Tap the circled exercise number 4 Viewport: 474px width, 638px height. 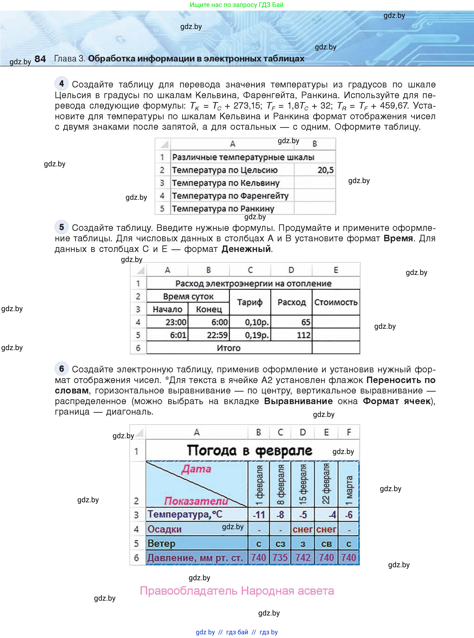tap(61, 84)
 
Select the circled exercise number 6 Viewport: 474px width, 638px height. tap(61, 369)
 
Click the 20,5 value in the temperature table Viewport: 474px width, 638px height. tap(325, 170)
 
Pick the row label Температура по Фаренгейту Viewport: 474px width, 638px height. tap(230, 196)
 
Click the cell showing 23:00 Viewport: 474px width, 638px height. tap(176, 322)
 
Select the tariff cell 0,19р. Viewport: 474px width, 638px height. tap(257, 335)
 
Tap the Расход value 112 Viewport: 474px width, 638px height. tap(303, 335)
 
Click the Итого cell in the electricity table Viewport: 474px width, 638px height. tap(229, 348)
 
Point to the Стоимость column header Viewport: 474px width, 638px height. tap(336, 302)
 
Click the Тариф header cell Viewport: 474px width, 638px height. tap(250, 302)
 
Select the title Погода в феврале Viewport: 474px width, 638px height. tap(249, 451)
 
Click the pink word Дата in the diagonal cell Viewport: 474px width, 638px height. tap(196, 469)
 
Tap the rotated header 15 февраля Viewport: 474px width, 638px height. tap(303, 484)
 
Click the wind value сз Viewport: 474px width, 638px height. tap(280, 544)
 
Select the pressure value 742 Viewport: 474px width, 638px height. tap(303, 557)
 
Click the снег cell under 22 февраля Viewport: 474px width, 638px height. tap(326, 529)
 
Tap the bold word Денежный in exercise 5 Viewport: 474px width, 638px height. tap(246, 249)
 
